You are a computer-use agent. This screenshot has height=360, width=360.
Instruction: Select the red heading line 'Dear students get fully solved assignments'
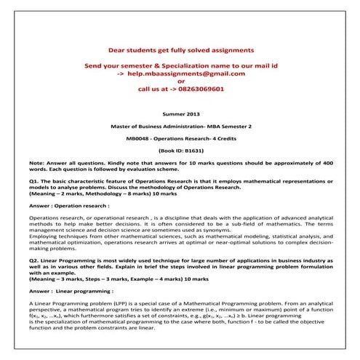[x=181, y=51]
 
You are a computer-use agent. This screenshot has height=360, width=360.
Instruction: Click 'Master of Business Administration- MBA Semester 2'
[x=181, y=126]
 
